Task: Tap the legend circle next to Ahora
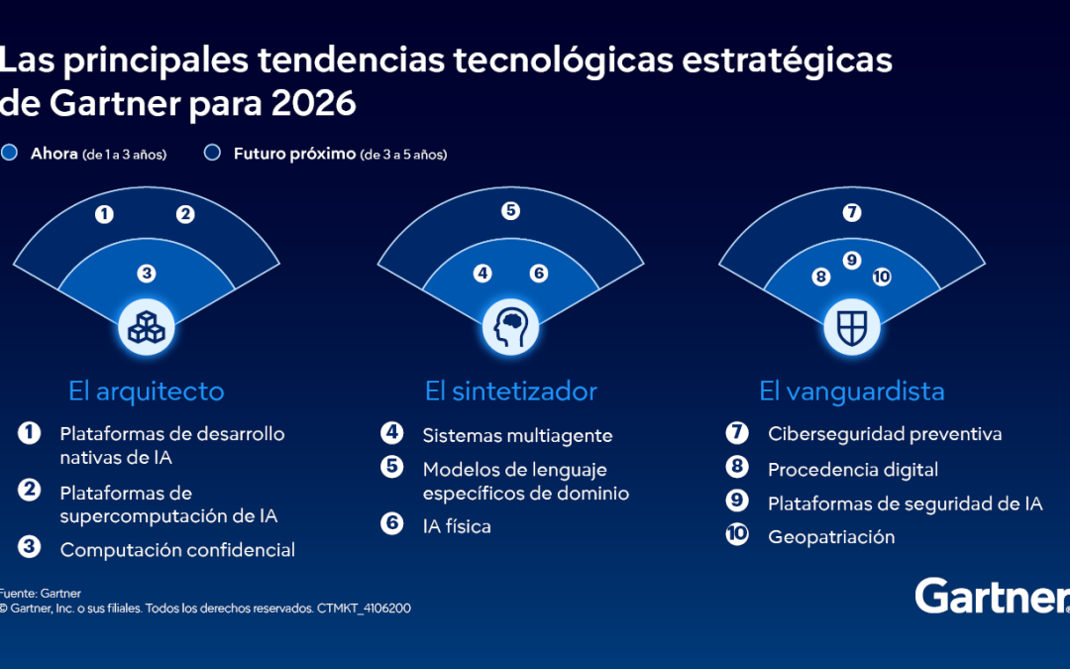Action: pyautogui.click(x=10, y=154)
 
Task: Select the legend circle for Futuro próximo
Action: pyautogui.click(x=211, y=154)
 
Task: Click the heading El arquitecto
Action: pyautogui.click(x=147, y=390)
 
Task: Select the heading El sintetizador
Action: pyautogui.click(x=511, y=390)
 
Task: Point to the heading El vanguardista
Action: pyautogui.click(x=852, y=390)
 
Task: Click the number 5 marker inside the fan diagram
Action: pyautogui.click(x=510, y=210)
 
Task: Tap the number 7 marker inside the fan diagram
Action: pyautogui.click(x=852, y=212)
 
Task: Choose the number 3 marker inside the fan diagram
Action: pyautogui.click(x=147, y=273)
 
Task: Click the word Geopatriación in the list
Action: pyautogui.click(x=831, y=537)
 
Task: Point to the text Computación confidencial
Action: pyautogui.click(x=177, y=549)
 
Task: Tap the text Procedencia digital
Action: pyautogui.click(x=852, y=469)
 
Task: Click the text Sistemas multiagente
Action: pyautogui.click(x=517, y=435)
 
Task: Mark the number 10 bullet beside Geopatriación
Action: pyautogui.click(x=737, y=536)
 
